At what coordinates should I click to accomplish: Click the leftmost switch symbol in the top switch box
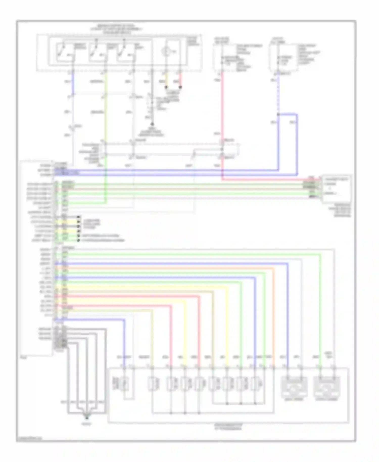[61, 52]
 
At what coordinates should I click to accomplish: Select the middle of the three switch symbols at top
[95, 52]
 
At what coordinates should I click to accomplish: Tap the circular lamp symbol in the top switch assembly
[165, 52]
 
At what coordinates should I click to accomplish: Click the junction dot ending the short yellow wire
[166, 87]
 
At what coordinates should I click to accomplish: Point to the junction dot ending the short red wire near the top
[180, 87]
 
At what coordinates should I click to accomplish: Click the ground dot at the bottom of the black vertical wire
[152, 124]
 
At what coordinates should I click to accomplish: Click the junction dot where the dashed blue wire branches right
[278, 114]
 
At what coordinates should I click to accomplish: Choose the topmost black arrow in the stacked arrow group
[79, 217]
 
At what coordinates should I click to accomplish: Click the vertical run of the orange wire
[273, 316]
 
